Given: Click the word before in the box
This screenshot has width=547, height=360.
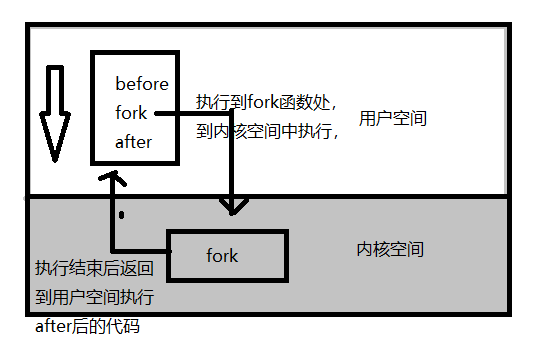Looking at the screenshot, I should point(142,83).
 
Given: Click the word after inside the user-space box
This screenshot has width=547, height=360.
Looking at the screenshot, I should point(134,141).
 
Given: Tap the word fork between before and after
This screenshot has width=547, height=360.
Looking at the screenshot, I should point(131,112).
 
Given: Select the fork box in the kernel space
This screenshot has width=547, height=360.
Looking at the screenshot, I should point(227,256).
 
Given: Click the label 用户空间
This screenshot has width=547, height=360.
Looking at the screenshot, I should point(393,118).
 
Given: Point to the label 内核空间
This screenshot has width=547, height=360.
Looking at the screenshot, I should point(390,249).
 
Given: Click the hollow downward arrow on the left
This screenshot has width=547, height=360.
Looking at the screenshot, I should point(56,112).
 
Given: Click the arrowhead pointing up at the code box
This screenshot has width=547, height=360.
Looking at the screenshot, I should point(116,178).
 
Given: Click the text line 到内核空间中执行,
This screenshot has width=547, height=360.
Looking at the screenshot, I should point(267,130).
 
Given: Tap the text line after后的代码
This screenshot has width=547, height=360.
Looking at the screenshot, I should point(83,326).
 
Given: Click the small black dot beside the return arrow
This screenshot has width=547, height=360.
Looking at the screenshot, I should point(121,215).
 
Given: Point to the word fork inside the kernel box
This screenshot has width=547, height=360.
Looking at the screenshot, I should point(222,256).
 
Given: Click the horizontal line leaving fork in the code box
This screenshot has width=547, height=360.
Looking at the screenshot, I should point(195,113).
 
